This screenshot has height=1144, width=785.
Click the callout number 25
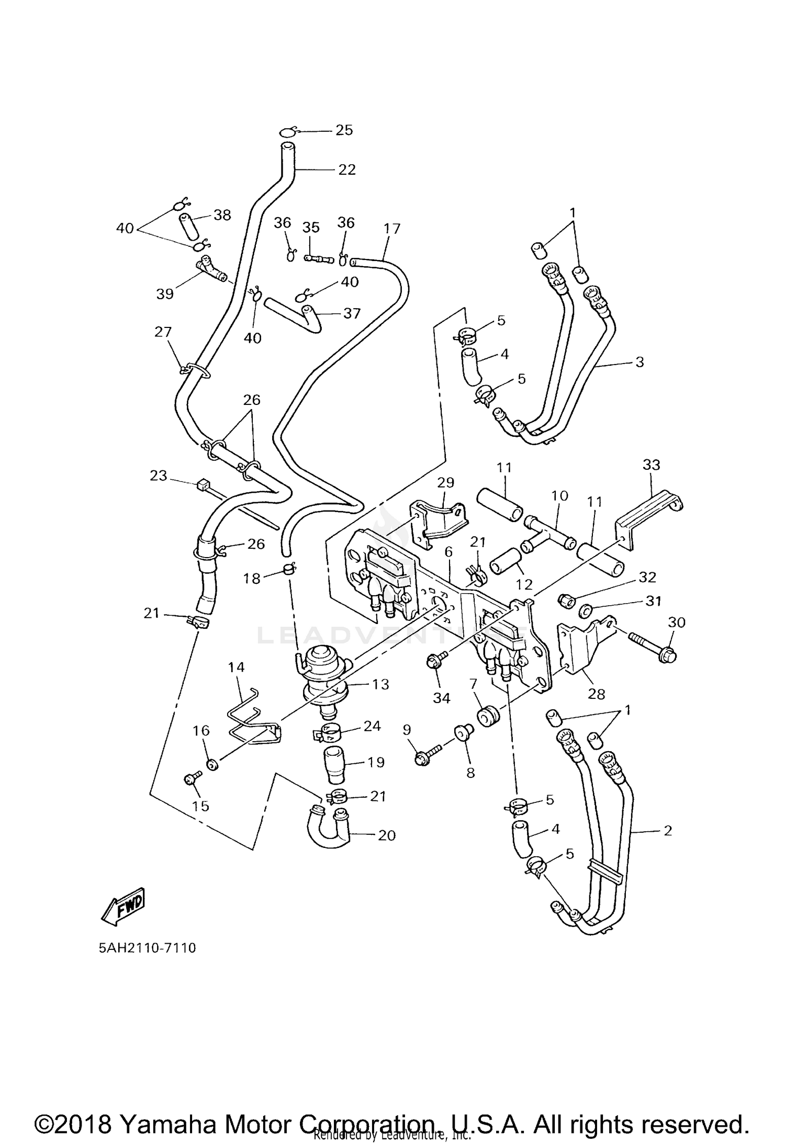(344, 130)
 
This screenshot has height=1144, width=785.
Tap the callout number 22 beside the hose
(346, 169)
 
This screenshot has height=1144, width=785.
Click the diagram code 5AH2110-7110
(147, 947)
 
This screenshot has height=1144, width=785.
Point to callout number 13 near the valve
(380, 684)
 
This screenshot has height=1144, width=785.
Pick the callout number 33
(652, 465)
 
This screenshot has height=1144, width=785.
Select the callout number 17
(391, 229)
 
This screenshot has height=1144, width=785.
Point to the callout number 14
(236, 667)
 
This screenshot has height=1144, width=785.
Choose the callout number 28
(596, 694)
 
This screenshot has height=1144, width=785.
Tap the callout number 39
(165, 293)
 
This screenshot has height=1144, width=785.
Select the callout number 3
(640, 362)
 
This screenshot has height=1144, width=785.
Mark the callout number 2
(667, 830)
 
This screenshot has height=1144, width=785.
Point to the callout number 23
(158, 475)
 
